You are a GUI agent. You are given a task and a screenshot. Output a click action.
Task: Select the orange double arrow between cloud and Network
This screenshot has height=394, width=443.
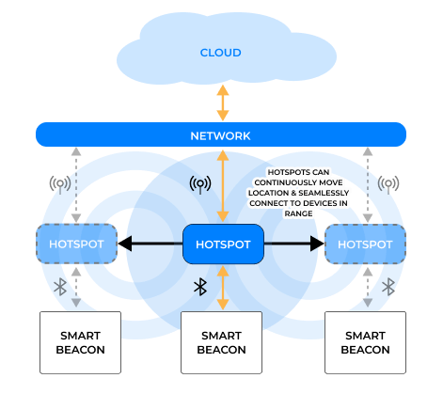223,102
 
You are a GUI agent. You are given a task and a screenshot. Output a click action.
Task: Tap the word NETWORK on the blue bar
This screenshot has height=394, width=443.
221,135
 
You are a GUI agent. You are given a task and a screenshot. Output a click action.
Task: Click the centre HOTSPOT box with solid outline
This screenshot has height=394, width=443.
223,244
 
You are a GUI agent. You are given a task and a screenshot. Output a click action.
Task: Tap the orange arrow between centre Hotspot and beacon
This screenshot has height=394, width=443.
223,288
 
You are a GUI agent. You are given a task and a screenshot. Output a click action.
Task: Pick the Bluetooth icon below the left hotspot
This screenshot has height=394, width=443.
57,286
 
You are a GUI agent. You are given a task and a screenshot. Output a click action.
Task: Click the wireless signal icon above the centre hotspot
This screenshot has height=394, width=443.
199,183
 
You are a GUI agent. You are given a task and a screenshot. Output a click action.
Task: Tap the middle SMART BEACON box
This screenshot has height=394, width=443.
223,342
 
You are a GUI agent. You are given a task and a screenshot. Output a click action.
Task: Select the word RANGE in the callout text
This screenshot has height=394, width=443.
298,213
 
